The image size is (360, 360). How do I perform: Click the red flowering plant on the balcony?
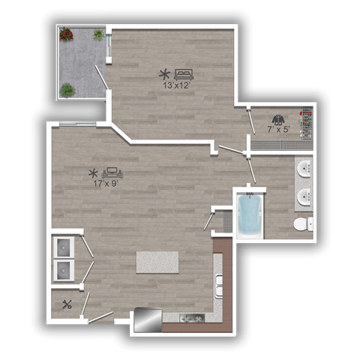point(67,34)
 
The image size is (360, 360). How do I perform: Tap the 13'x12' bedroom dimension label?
point(178,85)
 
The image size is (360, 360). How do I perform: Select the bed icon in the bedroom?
point(183,73)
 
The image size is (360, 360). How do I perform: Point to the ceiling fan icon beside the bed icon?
point(163,73)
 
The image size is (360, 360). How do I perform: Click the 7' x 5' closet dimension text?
point(280,129)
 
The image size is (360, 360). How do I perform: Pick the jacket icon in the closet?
point(278,118)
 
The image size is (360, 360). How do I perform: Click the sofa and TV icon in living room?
point(112,172)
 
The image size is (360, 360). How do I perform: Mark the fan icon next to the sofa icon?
point(94,172)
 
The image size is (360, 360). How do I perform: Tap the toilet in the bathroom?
point(302,224)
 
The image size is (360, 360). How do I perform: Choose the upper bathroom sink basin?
point(305,169)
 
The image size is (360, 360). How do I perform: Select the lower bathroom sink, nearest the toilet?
point(305,197)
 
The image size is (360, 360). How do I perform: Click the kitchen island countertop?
point(157,262)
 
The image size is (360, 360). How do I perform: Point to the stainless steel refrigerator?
point(147,321)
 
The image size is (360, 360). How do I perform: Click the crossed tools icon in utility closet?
point(67,304)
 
